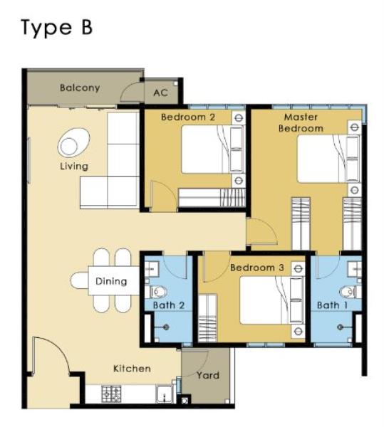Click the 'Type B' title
click(57, 28)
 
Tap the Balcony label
click(80, 88)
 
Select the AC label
click(160, 93)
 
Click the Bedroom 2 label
click(188, 117)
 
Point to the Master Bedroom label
click(301, 122)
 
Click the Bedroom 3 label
click(257, 268)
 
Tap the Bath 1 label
click(332, 305)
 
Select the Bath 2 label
click(169, 305)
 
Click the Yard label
click(208, 375)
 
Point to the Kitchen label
click(132, 369)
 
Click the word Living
click(74, 167)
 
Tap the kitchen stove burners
click(111, 394)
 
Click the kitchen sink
click(164, 394)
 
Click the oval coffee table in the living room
click(73, 142)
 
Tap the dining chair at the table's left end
click(79, 280)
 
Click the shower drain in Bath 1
click(340, 327)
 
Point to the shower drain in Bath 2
click(166, 327)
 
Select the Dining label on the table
click(111, 281)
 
